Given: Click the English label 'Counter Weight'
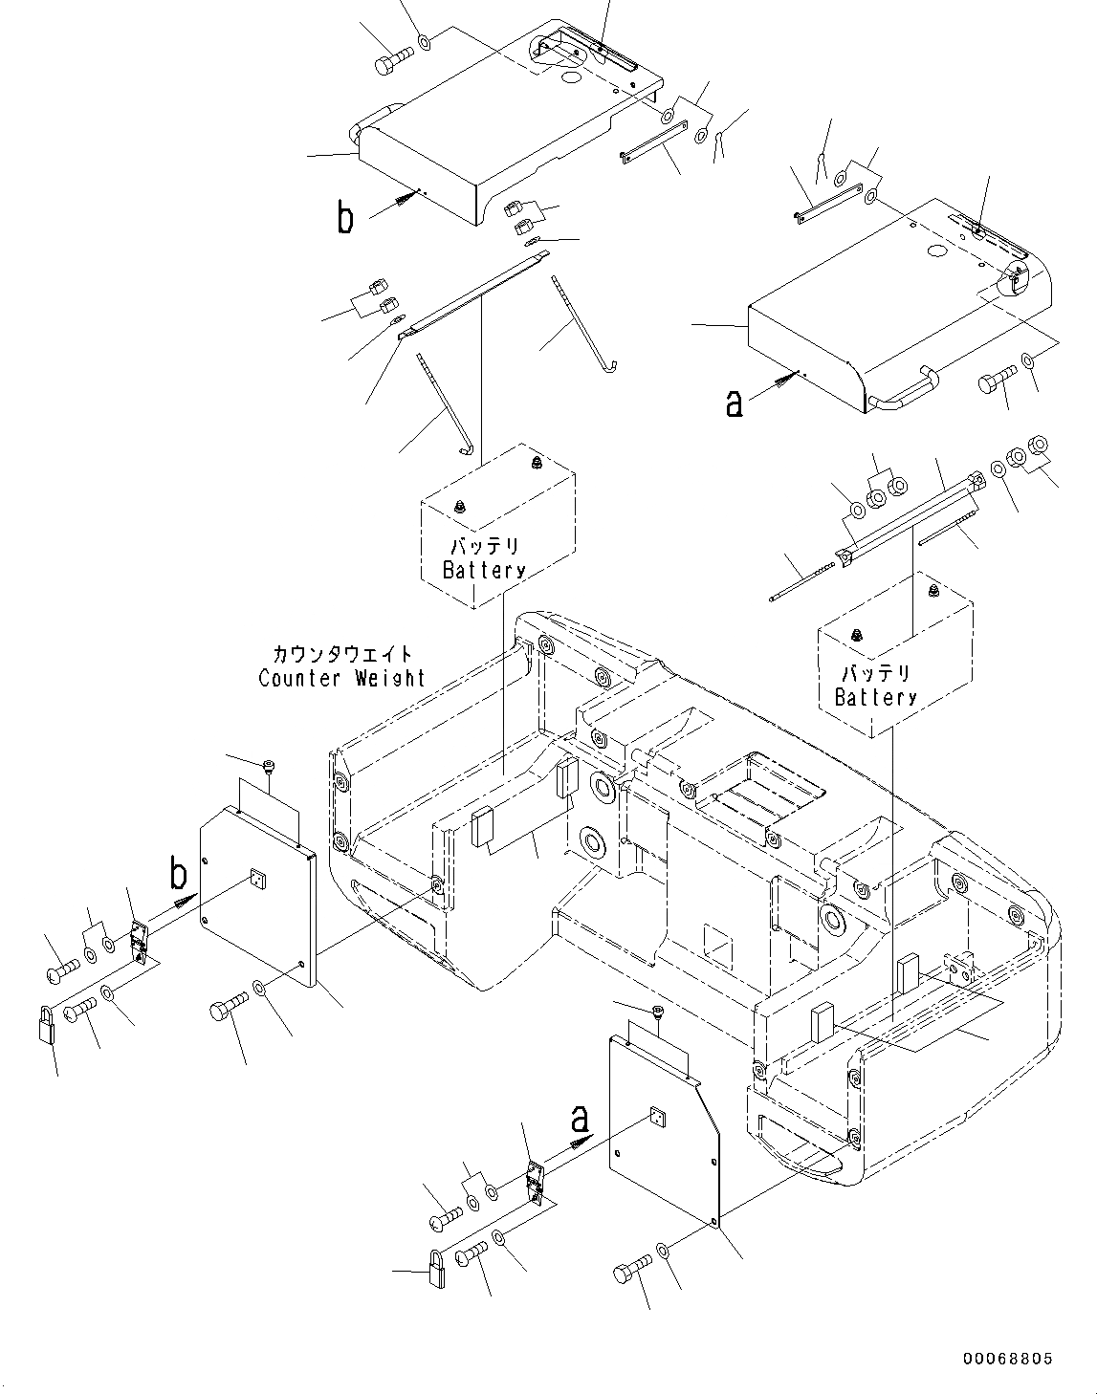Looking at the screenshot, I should (341, 679).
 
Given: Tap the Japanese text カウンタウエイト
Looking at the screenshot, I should (341, 655).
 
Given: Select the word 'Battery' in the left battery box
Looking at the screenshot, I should (484, 570).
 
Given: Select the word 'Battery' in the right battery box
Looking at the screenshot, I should (875, 697).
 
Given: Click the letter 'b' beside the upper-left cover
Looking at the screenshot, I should (344, 218).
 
